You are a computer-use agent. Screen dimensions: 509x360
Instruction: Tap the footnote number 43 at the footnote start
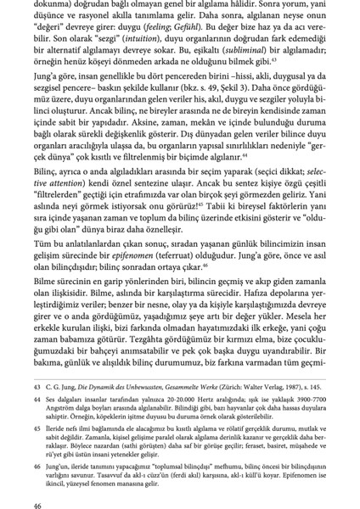click(x=37, y=384)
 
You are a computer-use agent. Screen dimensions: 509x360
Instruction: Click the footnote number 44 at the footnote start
click(x=37, y=398)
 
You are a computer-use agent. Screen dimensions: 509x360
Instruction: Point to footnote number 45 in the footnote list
click(x=37, y=428)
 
